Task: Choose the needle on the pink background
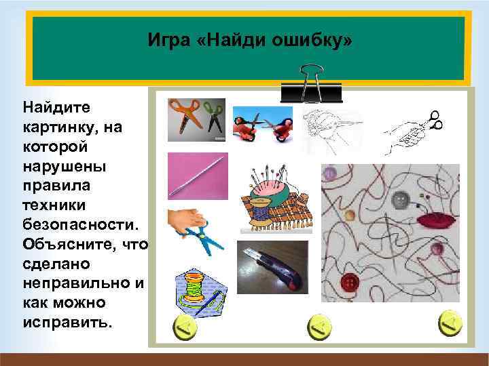pyautogui.click(x=197, y=176)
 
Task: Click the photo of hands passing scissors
pyautogui.click(x=262, y=125)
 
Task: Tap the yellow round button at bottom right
pyautogui.click(x=449, y=326)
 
